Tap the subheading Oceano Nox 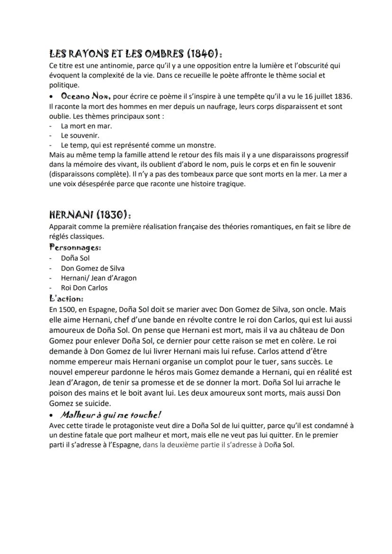[86, 96]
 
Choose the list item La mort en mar [87, 126]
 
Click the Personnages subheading [75, 247]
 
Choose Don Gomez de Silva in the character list [93, 268]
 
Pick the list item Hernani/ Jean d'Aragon [98, 278]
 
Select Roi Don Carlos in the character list [84, 288]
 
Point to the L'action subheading [66, 299]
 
